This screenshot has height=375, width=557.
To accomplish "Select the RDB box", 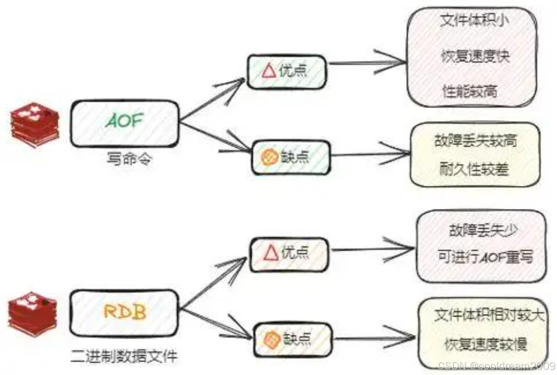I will (125, 313).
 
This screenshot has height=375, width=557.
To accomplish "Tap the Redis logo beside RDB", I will (33, 313).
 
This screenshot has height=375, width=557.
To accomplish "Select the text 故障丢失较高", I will (475, 139).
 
